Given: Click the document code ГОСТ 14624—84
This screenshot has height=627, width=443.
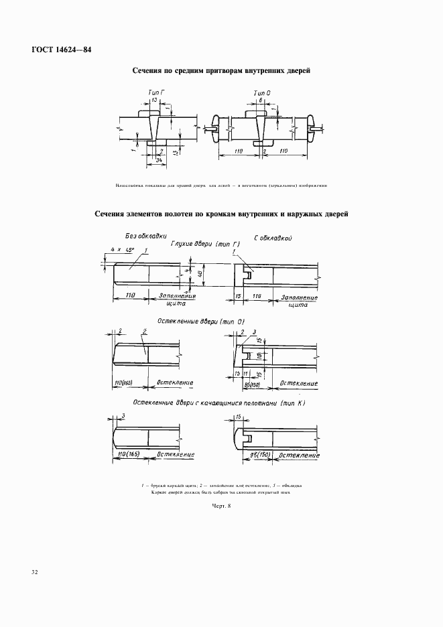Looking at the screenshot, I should (x=60, y=50).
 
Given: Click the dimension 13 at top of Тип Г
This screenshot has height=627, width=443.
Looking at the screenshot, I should (x=155, y=100).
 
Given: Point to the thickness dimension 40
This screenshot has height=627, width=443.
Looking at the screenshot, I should (x=199, y=274).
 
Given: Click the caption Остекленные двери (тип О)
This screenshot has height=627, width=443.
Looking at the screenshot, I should (x=201, y=322).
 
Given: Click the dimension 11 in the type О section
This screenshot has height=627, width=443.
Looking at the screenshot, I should (x=246, y=372).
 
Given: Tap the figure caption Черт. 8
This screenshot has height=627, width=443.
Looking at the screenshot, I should (x=220, y=506).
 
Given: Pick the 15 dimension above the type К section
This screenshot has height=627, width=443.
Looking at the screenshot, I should (x=239, y=417).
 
